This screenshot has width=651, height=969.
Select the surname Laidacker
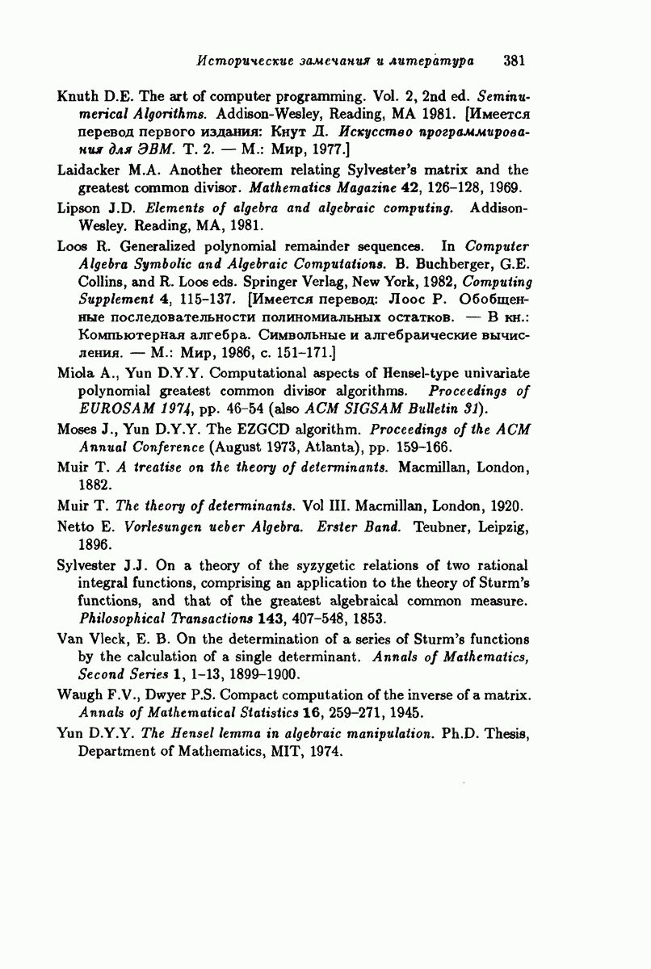[89, 170]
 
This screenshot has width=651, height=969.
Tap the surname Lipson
[78, 209]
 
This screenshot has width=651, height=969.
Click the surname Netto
[77, 527]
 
